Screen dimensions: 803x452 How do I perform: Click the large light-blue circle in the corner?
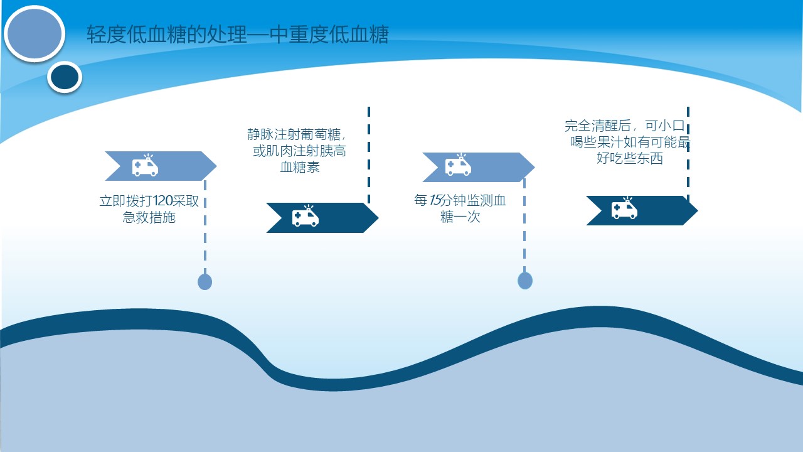pos(35,34)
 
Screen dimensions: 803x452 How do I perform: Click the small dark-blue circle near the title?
pos(65,77)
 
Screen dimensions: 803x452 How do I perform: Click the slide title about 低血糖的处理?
pos(238,35)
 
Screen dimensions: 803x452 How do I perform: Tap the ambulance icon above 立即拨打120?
pos(145,165)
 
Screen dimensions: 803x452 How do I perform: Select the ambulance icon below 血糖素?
pos(305,216)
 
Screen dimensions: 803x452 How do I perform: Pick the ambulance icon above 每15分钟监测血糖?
pos(458,165)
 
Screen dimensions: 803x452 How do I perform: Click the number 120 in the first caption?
pos(162,201)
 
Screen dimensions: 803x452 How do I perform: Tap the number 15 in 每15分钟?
pos(435,200)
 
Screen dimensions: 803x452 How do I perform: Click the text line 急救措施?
pos(149,217)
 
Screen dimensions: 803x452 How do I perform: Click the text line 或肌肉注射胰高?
pos(299,151)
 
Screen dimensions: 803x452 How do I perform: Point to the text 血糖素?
pos(300,167)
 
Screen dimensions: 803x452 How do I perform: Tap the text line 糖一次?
pos(460,217)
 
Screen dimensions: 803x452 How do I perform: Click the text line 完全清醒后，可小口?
pos(625,126)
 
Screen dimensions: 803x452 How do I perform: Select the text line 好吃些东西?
pos(630,158)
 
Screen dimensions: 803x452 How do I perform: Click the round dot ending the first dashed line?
pos(205,282)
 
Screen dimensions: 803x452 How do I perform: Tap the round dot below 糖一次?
pos(525,280)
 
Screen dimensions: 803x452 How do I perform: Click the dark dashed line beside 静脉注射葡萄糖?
pos(369,155)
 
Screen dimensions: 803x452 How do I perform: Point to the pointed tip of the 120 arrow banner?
pos(216,166)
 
